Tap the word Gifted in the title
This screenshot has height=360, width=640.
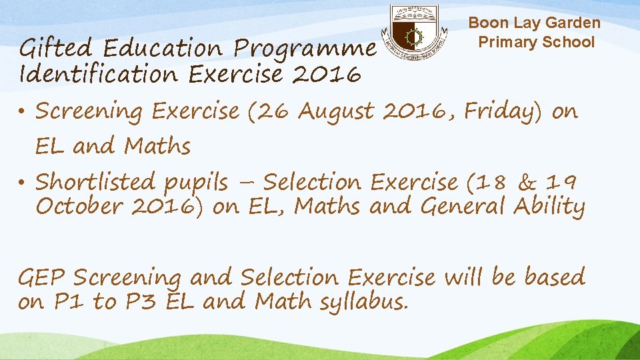(56, 49)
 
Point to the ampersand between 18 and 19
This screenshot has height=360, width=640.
(527, 182)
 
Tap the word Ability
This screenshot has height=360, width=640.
(549, 207)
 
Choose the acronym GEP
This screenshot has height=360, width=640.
(42, 277)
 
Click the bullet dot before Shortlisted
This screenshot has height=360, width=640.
(24, 182)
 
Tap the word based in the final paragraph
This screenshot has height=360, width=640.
(553, 277)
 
